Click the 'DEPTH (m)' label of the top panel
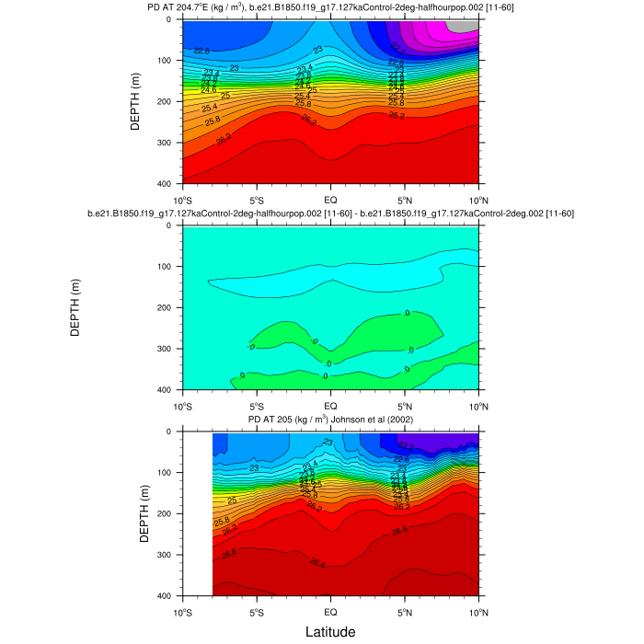click(x=135, y=101)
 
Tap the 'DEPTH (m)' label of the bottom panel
click(x=144, y=513)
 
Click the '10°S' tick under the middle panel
click(x=182, y=405)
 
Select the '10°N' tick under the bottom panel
click(x=478, y=611)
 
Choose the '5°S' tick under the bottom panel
click(x=257, y=611)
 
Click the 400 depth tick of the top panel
click(x=167, y=184)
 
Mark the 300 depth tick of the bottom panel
click(x=167, y=555)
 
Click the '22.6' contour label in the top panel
click(x=201, y=52)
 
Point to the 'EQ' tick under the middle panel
click(x=330, y=405)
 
